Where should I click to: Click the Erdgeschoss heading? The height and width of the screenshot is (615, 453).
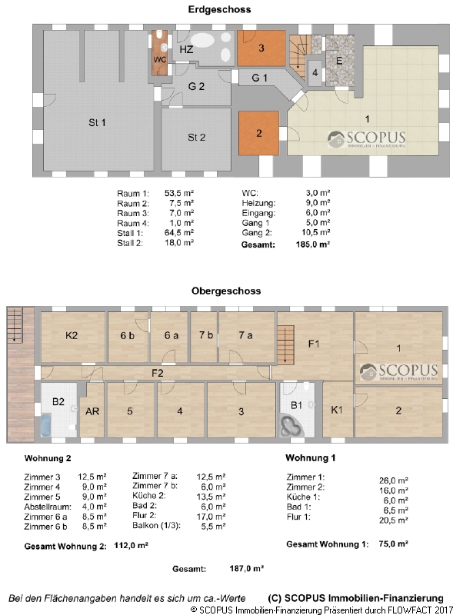pyautogui.click(x=219, y=9)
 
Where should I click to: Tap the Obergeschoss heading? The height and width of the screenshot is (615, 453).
pyautogui.click(x=226, y=291)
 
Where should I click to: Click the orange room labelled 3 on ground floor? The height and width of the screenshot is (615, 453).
pyautogui.click(x=261, y=48)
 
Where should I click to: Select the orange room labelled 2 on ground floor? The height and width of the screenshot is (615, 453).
pyautogui.click(x=258, y=133)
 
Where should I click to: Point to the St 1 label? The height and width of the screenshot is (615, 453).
pyautogui.click(x=97, y=123)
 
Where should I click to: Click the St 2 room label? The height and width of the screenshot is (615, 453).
pyautogui.click(x=196, y=138)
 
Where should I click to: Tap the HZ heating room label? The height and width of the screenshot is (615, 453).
pyautogui.click(x=186, y=49)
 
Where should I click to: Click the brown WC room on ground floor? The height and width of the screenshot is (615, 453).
pyautogui.click(x=160, y=53)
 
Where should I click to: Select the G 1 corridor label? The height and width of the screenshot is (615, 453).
pyautogui.click(x=259, y=78)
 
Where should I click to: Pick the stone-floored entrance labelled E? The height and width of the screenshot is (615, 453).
pyautogui.click(x=340, y=61)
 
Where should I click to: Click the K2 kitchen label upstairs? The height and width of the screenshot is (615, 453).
pyautogui.click(x=72, y=335)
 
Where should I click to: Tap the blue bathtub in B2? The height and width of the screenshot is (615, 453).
pyautogui.click(x=45, y=425)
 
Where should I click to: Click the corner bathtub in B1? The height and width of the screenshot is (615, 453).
pyautogui.click(x=291, y=427)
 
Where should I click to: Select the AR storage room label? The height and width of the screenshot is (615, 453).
pyautogui.click(x=92, y=411)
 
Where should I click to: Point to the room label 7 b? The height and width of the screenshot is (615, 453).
pyautogui.click(x=205, y=335)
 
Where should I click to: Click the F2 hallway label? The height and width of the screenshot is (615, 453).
pyautogui.click(x=157, y=373)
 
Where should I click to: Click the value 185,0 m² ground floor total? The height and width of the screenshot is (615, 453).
pyautogui.click(x=313, y=244)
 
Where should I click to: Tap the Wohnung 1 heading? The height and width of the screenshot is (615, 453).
pyautogui.click(x=310, y=457)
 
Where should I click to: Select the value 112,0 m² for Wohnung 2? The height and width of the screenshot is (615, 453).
pyautogui.click(x=131, y=546)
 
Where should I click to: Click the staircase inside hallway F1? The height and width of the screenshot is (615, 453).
pyautogui.click(x=285, y=345)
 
